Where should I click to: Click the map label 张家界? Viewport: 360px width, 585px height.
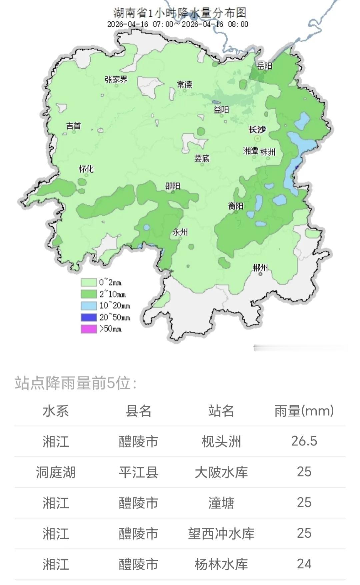[116, 80]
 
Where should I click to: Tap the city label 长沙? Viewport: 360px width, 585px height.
[257, 130]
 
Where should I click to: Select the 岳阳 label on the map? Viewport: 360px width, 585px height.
[265, 66]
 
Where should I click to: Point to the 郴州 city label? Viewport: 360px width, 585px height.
[260, 267]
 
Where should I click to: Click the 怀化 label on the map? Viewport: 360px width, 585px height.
[86, 169]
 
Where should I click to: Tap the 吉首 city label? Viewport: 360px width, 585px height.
[73, 126]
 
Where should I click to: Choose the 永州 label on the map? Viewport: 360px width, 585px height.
[180, 232]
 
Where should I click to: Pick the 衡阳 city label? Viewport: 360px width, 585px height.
[236, 206]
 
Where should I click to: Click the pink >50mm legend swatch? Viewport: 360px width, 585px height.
[89, 329]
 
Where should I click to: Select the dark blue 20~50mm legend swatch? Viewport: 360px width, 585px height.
[89, 317]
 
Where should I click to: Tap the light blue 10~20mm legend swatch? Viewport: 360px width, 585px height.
[89, 306]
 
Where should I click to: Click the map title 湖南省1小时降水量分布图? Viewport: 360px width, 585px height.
[180, 13]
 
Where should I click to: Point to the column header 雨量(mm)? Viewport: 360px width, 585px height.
[304, 411]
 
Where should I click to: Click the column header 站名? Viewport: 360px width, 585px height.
[221, 411]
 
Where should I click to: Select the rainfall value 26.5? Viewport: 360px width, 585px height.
[304, 441]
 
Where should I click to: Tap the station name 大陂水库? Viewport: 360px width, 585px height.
[221, 472]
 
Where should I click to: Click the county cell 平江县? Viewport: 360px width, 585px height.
[138, 472]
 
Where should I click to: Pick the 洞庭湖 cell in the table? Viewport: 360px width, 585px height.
[56, 472]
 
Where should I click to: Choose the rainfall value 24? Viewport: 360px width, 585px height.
[304, 564]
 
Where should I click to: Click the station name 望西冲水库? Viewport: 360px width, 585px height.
[221, 533]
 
